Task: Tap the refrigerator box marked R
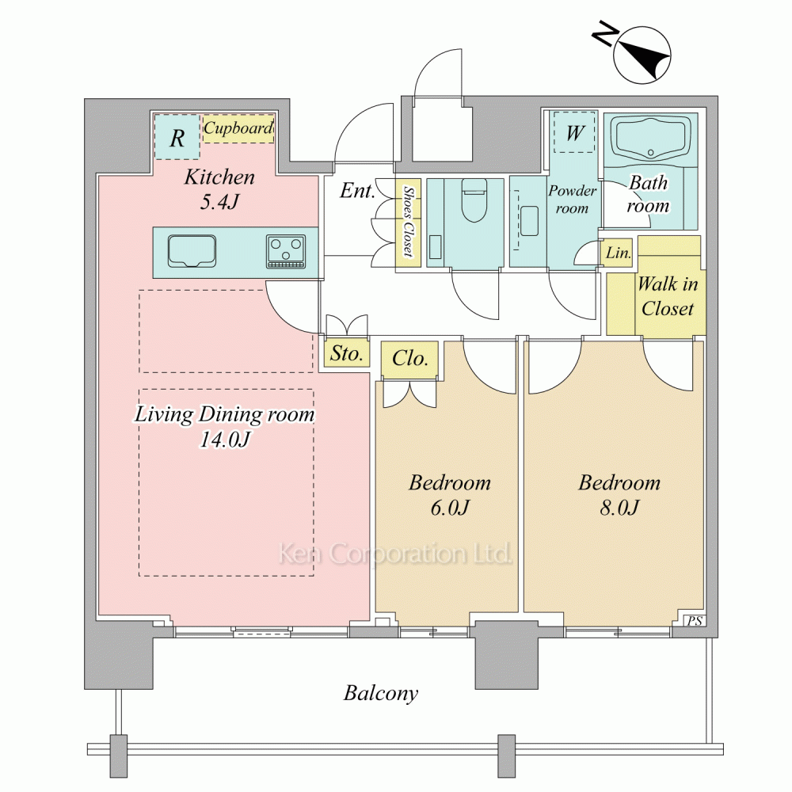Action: tap(177, 137)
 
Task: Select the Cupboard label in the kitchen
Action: tap(238, 128)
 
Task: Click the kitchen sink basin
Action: tap(192, 250)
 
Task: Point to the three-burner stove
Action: tap(286, 251)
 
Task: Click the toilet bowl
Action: tap(474, 200)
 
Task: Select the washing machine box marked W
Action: tap(574, 132)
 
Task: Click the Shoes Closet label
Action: tap(408, 222)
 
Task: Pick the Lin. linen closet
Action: tap(618, 253)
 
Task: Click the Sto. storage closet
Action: tap(347, 353)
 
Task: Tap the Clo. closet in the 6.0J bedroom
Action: tap(409, 359)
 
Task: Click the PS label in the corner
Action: tap(695, 621)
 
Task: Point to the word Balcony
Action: tap(381, 693)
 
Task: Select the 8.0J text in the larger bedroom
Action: tap(619, 507)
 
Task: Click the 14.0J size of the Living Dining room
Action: tap(224, 439)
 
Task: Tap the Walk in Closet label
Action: tap(668, 296)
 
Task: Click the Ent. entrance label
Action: tap(357, 190)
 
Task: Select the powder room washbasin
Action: tap(529, 221)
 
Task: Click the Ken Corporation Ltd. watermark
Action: tap(395, 553)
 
